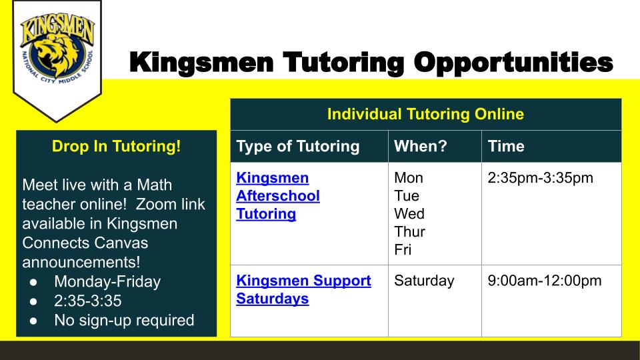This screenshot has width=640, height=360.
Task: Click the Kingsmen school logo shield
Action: coord(57,61)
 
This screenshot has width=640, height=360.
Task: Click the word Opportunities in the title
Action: coord(513,63)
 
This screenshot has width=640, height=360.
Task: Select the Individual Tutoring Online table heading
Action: coord(425,114)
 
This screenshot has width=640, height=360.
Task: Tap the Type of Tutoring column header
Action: coord(298,146)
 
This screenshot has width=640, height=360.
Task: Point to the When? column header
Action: coord(421,146)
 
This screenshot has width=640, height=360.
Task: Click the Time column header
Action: coord(506,146)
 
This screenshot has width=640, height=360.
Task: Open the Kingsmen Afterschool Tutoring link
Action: coord(277,196)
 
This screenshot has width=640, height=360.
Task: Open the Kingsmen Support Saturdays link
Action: coord(303,289)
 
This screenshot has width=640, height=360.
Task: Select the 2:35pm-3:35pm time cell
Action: coord(541,178)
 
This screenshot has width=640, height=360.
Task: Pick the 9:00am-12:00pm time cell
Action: coord(545,281)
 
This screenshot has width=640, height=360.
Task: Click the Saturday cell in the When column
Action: coord(424,281)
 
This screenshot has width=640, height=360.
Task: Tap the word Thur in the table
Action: coord(410,232)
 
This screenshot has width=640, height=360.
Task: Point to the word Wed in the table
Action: coord(409,214)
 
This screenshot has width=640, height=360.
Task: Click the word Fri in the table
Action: coord(403,250)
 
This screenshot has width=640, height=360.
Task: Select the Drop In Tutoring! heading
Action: coord(116,146)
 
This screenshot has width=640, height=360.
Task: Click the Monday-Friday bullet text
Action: coord(107,281)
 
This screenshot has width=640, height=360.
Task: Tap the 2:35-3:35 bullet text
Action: coord(88,301)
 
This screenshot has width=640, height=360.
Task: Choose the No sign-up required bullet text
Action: coord(124,321)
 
